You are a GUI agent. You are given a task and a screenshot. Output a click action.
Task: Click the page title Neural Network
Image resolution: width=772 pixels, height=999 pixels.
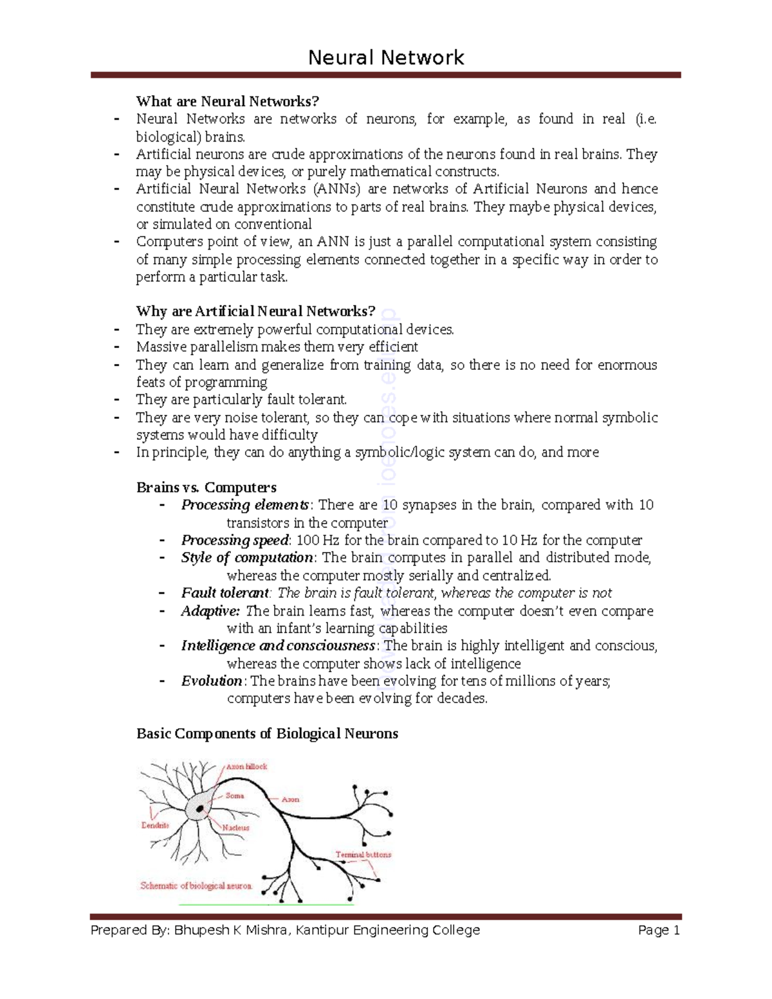tap(386, 58)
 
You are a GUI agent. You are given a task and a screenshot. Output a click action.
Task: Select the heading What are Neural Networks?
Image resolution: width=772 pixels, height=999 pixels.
tap(227, 102)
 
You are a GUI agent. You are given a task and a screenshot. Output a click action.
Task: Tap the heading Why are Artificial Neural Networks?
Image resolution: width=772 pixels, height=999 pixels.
tap(255, 312)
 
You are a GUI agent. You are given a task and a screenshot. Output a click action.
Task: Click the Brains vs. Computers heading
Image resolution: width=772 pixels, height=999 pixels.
tap(206, 488)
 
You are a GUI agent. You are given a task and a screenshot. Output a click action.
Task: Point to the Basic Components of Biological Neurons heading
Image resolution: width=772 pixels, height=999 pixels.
tap(267, 734)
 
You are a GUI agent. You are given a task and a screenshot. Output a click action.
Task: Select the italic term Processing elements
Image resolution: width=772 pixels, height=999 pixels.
tap(245, 505)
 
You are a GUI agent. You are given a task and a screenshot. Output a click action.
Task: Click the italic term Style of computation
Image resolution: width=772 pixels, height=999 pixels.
tap(247, 558)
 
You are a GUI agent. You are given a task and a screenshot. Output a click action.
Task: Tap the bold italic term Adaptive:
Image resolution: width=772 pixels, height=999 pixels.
tap(210, 611)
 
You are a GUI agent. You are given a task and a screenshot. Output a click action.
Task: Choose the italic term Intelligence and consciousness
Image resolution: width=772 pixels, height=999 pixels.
tap(278, 646)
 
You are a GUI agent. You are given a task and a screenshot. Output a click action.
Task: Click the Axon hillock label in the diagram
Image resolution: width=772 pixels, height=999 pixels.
tap(246, 767)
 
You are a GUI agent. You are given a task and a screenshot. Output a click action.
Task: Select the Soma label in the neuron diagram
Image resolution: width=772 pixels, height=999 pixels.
tap(235, 796)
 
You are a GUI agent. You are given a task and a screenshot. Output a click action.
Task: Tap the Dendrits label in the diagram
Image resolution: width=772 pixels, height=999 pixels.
tap(155, 825)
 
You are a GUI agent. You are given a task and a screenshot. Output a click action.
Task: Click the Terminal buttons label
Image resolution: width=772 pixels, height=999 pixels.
tap(363, 855)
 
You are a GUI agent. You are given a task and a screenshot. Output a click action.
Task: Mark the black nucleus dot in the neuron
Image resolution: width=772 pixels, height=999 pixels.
tap(201, 809)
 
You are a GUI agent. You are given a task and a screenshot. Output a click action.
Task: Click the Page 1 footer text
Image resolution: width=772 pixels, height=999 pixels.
tap(659, 930)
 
